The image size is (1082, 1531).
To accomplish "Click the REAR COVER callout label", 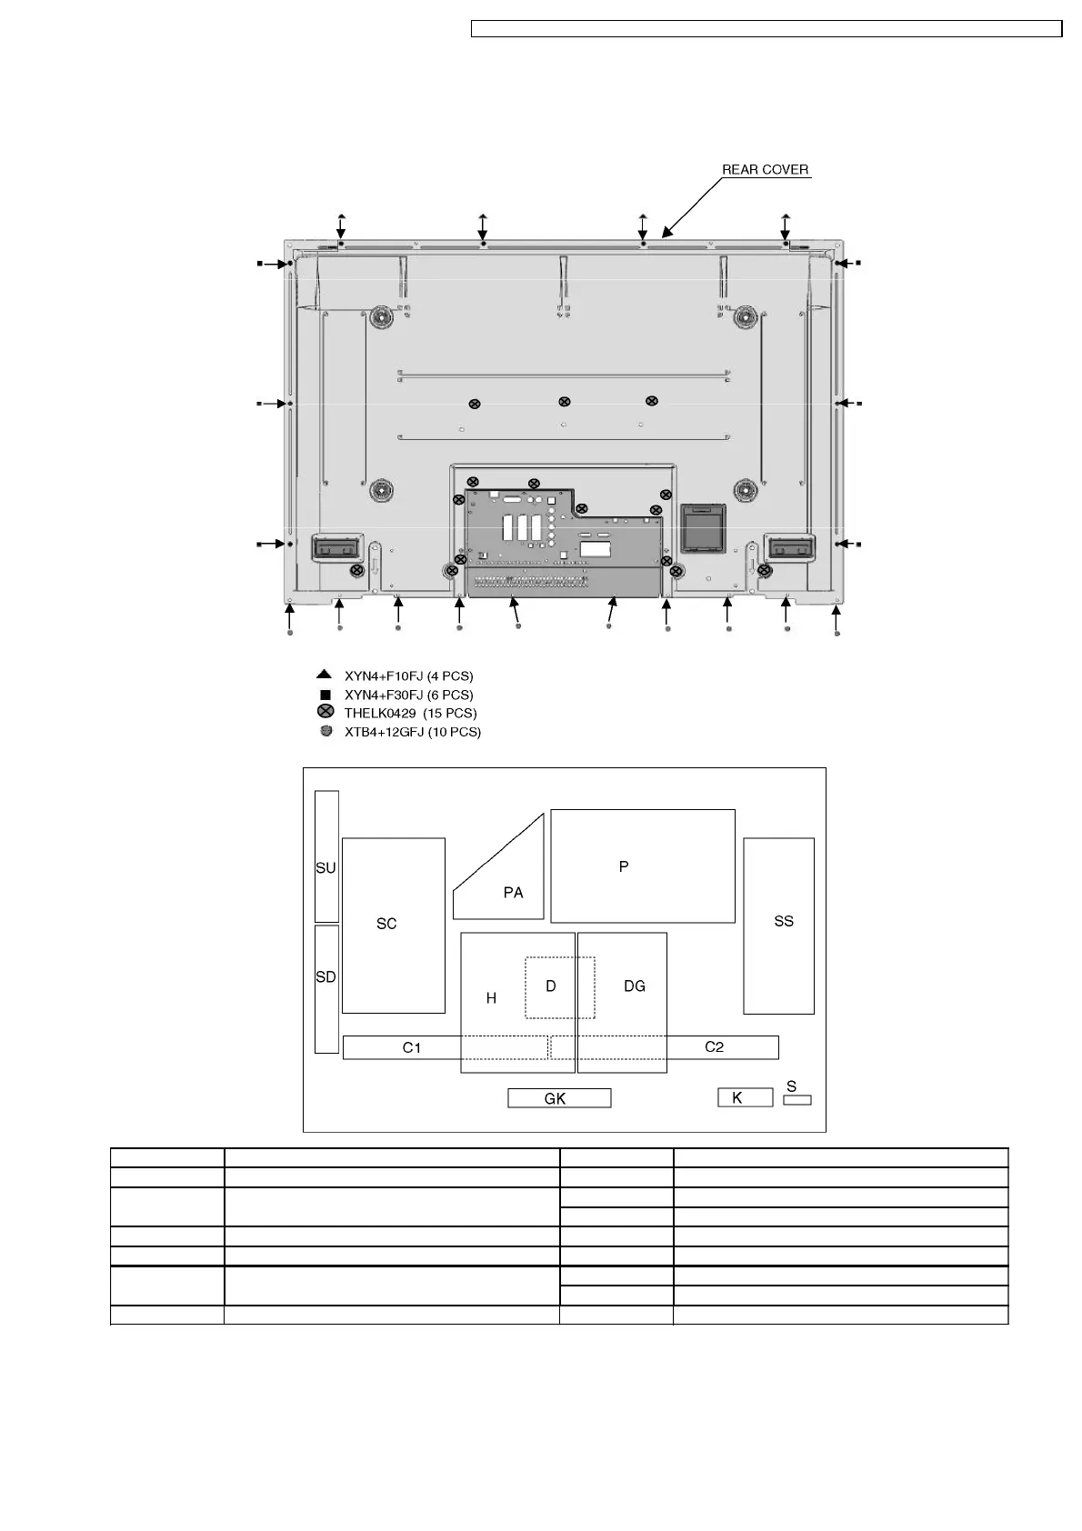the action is [765, 169].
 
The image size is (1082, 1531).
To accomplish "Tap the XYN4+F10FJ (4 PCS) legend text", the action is [409, 676].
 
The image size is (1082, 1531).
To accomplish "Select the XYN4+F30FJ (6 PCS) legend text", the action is [409, 695].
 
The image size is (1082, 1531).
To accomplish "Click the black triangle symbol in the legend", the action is [324, 675].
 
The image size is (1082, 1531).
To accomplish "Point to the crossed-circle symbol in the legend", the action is [326, 712].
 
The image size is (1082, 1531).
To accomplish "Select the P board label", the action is [624, 866].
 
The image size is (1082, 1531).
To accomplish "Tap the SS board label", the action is [783, 921].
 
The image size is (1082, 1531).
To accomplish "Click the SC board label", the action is [386, 924].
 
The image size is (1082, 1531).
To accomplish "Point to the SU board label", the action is [326, 868].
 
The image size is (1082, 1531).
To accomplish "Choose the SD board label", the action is [326, 977].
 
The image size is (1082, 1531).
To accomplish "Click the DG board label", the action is [635, 986].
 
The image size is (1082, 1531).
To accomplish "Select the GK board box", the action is [559, 1098].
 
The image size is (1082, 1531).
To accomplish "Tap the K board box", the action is [745, 1097].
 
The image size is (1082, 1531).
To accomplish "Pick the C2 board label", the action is [714, 1047].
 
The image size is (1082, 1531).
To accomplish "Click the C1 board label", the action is [412, 1047].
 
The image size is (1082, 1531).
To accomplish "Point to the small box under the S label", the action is [797, 1100].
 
